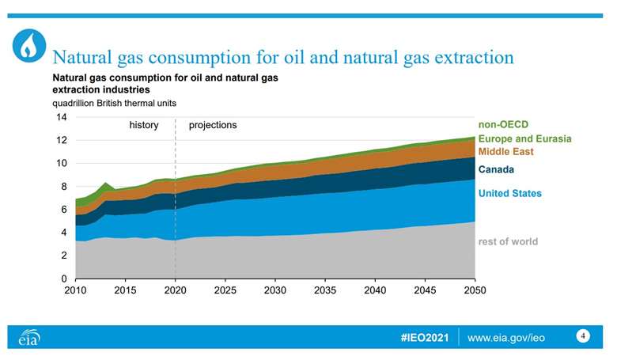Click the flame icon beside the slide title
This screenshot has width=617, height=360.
pyautogui.click(x=29, y=47)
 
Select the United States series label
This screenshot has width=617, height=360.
pyautogui.click(x=510, y=193)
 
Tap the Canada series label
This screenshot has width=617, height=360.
pyautogui.click(x=496, y=169)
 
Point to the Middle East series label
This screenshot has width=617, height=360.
pyautogui.click(x=506, y=151)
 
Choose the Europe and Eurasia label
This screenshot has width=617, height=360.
pyautogui.click(x=524, y=138)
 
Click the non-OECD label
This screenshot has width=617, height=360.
pyautogui.click(x=503, y=125)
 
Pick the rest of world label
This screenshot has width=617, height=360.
pyautogui.click(x=508, y=241)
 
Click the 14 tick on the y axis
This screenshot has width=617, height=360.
pyautogui.click(x=61, y=117)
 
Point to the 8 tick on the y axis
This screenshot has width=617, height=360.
pyautogui.click(x=63, y=187)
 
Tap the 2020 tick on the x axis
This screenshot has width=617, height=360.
pyautogui.click(x=175, y=291)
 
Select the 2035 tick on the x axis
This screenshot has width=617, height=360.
pyautogui.click(x=325, y=291)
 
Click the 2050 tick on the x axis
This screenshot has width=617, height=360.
pyautogui.click(x=475, y=291)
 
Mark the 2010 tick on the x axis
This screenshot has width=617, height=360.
pyautogui.click(x=75, y=291)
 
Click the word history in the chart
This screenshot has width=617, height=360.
pyautogui.click(x=144, y=125)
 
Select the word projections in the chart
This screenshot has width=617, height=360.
pyautogui.click(x=212, y=125)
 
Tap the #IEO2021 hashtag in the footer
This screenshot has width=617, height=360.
pyautogui.click(x=425, y=338)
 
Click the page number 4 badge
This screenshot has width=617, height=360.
pyautogui.click(x=583, y=335)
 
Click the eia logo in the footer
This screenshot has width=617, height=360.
pyautogui.click(x=28, y=338)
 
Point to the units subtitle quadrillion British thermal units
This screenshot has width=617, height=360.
pyautogui.click(x=114, y=103)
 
